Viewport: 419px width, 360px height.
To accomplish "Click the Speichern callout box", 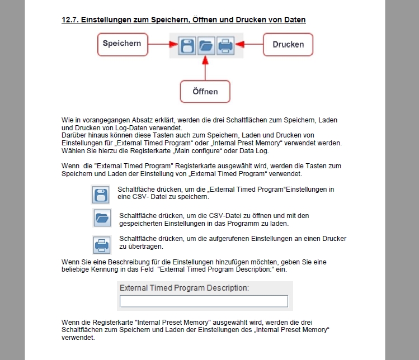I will coord(122,44).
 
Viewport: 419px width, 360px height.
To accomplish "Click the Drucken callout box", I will coord(288,45).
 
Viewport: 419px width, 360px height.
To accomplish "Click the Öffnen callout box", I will coord(206,91).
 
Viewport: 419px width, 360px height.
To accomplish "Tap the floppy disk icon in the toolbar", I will coord(187,45).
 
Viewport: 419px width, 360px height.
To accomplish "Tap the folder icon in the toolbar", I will coord(206,45).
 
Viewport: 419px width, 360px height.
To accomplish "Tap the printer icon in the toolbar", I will coord(225,45).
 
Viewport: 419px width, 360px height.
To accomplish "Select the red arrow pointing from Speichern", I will coord(159,44).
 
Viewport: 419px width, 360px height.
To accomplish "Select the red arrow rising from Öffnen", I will coord(206,68).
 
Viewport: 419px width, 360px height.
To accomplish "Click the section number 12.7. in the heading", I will coord(70,20).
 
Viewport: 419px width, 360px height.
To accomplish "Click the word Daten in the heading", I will coord(294,20).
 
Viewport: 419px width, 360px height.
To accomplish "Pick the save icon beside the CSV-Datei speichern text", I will coord(100,194).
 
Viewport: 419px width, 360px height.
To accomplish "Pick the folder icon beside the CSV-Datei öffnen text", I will coord(101,218).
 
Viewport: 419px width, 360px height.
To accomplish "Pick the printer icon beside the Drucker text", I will coord(101,244).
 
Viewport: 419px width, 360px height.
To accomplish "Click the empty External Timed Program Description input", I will coord(204,301).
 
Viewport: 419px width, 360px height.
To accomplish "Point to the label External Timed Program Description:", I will coord(184,288).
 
